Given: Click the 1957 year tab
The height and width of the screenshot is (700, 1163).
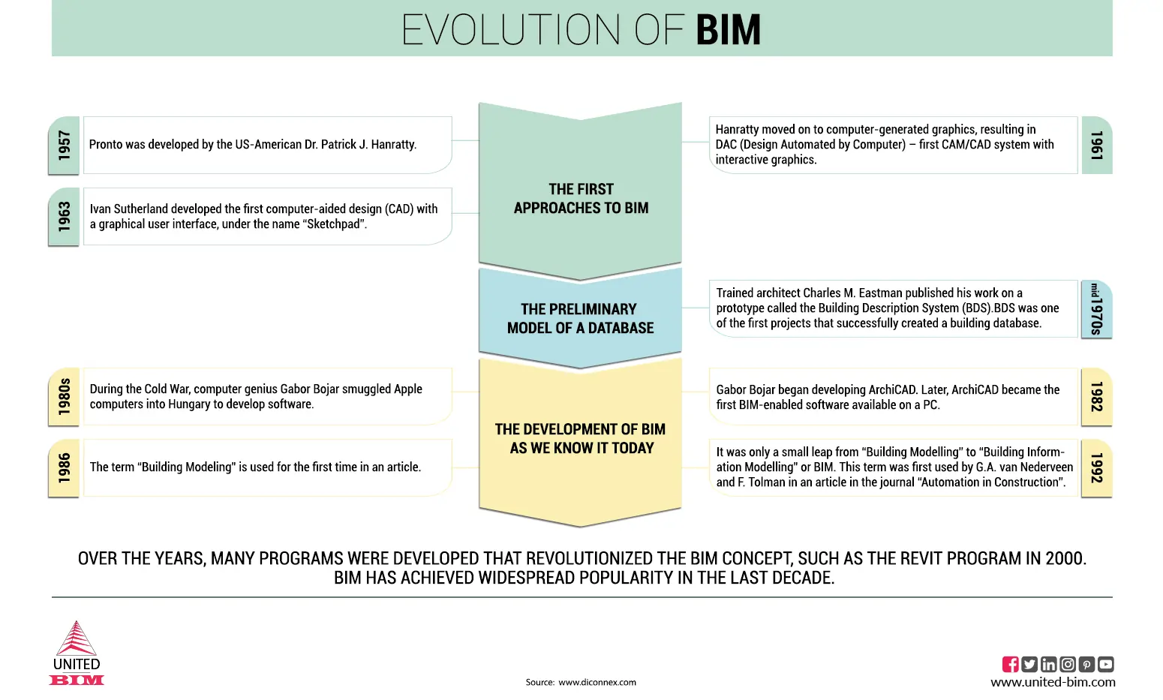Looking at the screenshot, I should pyautogui.click(x=64, y=146).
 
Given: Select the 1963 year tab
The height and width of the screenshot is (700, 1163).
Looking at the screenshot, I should pyautogui.click(x=64, y=216).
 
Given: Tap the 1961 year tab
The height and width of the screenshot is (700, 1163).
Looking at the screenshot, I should pyautogui.click(x=1097, y=146).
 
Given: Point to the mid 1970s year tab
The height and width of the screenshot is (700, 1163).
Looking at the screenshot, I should pyautogui.click(x=1096, y=309).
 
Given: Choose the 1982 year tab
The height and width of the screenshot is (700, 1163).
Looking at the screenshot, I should pyautogui.click(x=1096, y=397).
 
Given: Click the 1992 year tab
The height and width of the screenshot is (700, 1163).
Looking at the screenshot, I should pyautogui.click(x=1096, y=467).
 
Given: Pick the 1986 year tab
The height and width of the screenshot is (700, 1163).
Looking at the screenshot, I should pyautogui.click(x=64, y=467).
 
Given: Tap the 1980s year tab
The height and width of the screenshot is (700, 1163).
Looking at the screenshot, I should pyautogui.click(x=64, y=397).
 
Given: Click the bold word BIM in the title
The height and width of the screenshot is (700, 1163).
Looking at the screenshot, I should pyautogui.click(x=728, y=30).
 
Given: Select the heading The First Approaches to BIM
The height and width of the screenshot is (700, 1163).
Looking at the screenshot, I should pyautogui.click(x=581, y=199).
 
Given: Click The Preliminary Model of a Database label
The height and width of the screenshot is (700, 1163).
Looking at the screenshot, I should pyautogui.click(x=580, y=319).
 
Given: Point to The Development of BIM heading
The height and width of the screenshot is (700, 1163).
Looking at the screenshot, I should pyautogui.click(x=580, y=439).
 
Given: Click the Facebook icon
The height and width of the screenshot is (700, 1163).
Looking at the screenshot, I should pyautogui.click(x=1011, y=664).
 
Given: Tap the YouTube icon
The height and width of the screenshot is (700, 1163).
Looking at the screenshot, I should pyautogui.click(x=1106, y=664).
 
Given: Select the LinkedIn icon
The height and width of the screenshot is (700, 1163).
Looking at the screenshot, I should pyautogui.click(x=1049, y=664).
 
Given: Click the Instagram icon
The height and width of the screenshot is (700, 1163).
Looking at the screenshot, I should pyautogui.click(x=1068, y=664).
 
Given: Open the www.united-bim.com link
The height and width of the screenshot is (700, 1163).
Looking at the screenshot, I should pyautogui.click(x=1053, y=682).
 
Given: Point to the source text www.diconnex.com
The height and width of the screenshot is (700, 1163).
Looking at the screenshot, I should pyautogui.click(x=597, y=682).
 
